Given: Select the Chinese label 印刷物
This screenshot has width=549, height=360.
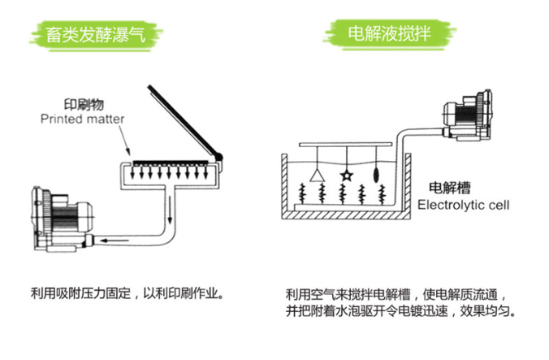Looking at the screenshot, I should pyautogui.click(x=83, y=105).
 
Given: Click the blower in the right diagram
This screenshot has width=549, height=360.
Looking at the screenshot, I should pyautogui.click(x=465, y=118).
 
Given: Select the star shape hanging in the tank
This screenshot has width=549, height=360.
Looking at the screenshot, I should pyautogui.click(x=347, y=173).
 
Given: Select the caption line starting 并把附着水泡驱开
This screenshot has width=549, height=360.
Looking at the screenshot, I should pyautogui.click(x=400, y=310).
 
